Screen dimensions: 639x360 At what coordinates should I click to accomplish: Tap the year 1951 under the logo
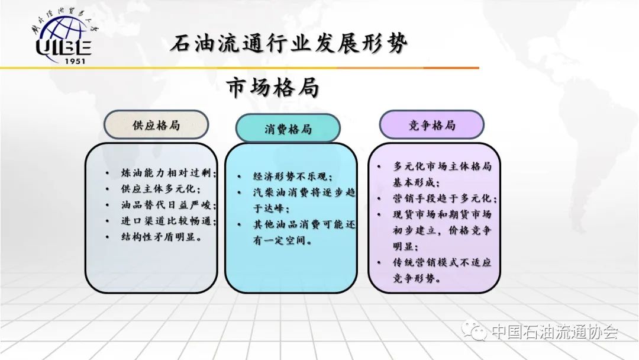click(x=75, y=61)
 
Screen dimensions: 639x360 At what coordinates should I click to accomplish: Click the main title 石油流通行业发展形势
click(x=289, y=43)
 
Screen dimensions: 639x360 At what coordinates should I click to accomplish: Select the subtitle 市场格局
click(x=272, y=87)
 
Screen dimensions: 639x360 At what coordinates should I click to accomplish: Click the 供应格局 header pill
click(x=156, y=125)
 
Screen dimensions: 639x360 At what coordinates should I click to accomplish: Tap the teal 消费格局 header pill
click(x=288, y=129)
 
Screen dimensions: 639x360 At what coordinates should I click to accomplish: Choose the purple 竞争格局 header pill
click(x=431, y=125)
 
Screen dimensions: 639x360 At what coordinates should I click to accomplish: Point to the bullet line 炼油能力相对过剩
click(x=168, y=173)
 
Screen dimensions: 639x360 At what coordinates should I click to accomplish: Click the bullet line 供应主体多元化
click(x=160, y=189)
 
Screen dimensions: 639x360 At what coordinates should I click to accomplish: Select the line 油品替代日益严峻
click(x=168, y=205)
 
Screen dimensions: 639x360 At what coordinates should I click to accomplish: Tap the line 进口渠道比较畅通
click(x=168, y=221)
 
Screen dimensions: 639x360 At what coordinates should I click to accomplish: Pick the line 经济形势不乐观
click(x=293, y=176)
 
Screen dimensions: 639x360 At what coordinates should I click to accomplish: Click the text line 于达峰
click(x=272, y=208)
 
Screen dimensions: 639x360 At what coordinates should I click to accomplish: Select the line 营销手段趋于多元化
click(x=444, y=198)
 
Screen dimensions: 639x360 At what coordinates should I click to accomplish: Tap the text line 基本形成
click(x=416, y=182)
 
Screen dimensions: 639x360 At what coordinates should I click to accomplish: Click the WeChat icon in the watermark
click(x=474, y=330)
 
